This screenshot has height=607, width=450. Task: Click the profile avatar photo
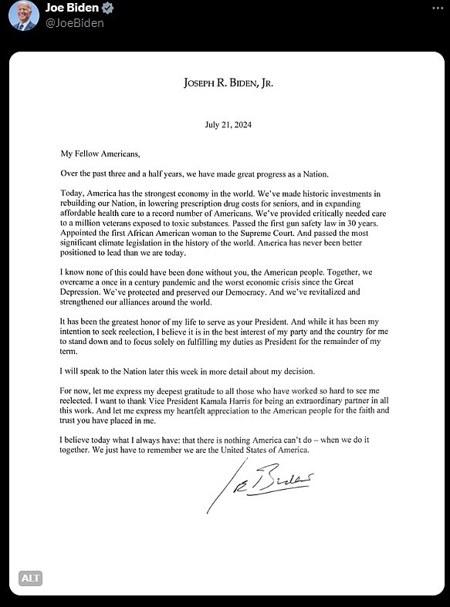point(23,15)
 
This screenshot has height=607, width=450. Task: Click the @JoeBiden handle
point(76,23)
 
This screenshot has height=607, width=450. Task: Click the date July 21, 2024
point(228,124)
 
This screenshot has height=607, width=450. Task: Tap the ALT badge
point(30,577)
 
